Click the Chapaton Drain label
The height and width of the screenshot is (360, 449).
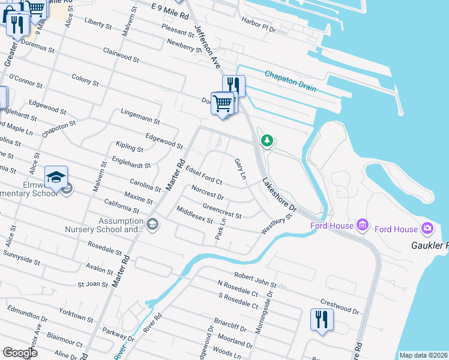click(291, 80)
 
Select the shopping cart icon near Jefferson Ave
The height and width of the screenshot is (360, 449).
click(223, 103)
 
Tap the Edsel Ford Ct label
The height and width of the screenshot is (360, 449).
click(204, 175)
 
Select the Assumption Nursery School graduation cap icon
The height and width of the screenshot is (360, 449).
click(152, 224)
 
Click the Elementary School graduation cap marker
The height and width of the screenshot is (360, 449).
click(56, 178)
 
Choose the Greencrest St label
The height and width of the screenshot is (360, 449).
click(221, 211)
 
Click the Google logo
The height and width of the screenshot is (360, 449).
click(20, 353)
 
